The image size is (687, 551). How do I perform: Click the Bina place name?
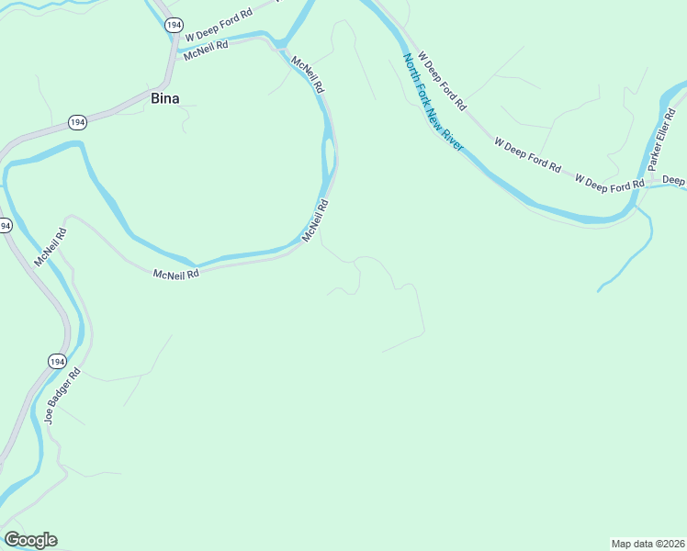point(165,98)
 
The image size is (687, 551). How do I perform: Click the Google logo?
point(30,540)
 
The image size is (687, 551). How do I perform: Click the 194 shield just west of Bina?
point(78,122)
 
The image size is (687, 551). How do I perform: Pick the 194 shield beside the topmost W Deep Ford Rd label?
point(173,26)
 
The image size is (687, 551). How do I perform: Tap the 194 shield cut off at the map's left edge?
point(5,225)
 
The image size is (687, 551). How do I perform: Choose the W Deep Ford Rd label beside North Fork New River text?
point(442,80)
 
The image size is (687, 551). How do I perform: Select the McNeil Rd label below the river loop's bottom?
point(176,274)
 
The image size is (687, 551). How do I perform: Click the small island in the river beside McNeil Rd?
point(328,161)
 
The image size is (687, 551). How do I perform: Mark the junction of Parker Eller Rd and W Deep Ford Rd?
point(648,184)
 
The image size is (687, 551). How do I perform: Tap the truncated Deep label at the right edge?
point(674,181)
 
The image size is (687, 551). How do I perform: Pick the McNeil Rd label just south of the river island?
point(315,223)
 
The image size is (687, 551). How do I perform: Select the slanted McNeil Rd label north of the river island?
point(308,76)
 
